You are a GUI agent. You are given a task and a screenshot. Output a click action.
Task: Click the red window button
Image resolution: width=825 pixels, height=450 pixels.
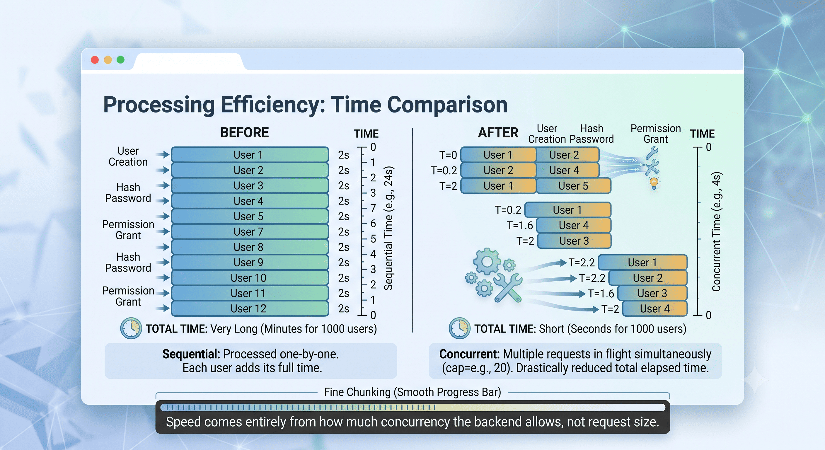pos(95,60)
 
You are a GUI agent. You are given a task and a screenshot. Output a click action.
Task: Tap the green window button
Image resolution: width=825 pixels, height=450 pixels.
pos(120,60)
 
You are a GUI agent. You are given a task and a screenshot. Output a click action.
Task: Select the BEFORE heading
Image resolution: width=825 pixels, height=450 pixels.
pos(245,133)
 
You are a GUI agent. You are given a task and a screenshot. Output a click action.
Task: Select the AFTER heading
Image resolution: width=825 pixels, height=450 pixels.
pos(498,133)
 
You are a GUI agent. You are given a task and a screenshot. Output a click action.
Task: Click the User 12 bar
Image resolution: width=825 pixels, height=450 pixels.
pos(250,308)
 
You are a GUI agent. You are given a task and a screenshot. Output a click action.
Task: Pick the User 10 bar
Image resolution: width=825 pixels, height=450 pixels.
pos(250,278)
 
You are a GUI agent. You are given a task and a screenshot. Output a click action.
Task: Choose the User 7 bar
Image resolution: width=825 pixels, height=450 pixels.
pos(250,231)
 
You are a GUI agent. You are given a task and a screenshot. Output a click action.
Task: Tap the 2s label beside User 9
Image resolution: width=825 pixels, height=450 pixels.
pos(344,262)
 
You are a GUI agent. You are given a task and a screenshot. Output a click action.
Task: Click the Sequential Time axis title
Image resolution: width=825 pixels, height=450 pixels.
pos(388,228)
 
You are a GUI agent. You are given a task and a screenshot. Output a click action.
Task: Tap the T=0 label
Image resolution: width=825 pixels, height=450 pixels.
pos(448,155)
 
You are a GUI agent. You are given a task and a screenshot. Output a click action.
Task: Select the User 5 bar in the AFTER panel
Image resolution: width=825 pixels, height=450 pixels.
pos(574,186)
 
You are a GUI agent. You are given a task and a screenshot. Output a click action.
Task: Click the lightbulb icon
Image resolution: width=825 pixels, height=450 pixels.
pos(654,183)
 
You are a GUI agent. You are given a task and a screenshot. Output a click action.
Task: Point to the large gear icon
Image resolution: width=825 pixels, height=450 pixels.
pos(487,262)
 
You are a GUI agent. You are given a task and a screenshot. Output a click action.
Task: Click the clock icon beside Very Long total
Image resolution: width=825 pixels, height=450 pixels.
pos(131,328)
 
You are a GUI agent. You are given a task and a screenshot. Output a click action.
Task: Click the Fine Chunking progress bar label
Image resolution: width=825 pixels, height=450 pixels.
pos(412,392)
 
